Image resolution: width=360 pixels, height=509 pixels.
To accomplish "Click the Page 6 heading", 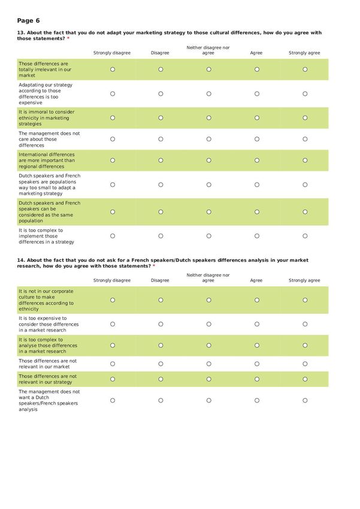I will click(29, 20).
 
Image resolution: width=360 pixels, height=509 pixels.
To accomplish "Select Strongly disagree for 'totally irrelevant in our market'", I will click(113, 69).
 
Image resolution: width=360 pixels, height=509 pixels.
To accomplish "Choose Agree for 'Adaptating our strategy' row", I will click(257, 93).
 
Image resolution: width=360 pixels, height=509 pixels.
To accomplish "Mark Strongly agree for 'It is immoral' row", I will click(305, 118).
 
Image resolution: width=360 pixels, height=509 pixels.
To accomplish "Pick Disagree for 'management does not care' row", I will click(161, 139).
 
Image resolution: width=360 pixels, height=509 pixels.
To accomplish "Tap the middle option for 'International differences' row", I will click(208, 160).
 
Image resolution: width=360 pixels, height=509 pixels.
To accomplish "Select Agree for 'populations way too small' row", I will click(257, 184).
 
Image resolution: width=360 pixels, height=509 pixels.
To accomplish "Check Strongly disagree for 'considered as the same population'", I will click(113, 211).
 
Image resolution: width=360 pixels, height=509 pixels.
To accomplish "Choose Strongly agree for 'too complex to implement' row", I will click(305, 236).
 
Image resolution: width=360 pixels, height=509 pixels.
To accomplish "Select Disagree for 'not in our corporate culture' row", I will click(161, 300).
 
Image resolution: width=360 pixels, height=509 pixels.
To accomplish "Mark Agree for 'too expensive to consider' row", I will click(257, 324).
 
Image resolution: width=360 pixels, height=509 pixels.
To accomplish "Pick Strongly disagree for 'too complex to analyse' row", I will click(113, 346).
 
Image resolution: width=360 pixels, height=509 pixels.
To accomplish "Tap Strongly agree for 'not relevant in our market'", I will click(305, 364).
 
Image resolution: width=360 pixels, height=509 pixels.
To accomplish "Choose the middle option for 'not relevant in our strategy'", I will click(208, 379).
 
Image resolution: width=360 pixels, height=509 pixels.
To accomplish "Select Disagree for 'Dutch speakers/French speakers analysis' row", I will click(161, 401).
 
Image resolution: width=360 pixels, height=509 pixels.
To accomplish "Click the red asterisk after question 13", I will click(68, 38).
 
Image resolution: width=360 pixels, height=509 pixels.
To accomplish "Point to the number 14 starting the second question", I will click(20, 260).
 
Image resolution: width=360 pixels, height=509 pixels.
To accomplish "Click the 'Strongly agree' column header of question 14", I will click(304, 280).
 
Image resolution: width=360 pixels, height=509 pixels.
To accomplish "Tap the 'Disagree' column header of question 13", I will click(160, 53).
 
